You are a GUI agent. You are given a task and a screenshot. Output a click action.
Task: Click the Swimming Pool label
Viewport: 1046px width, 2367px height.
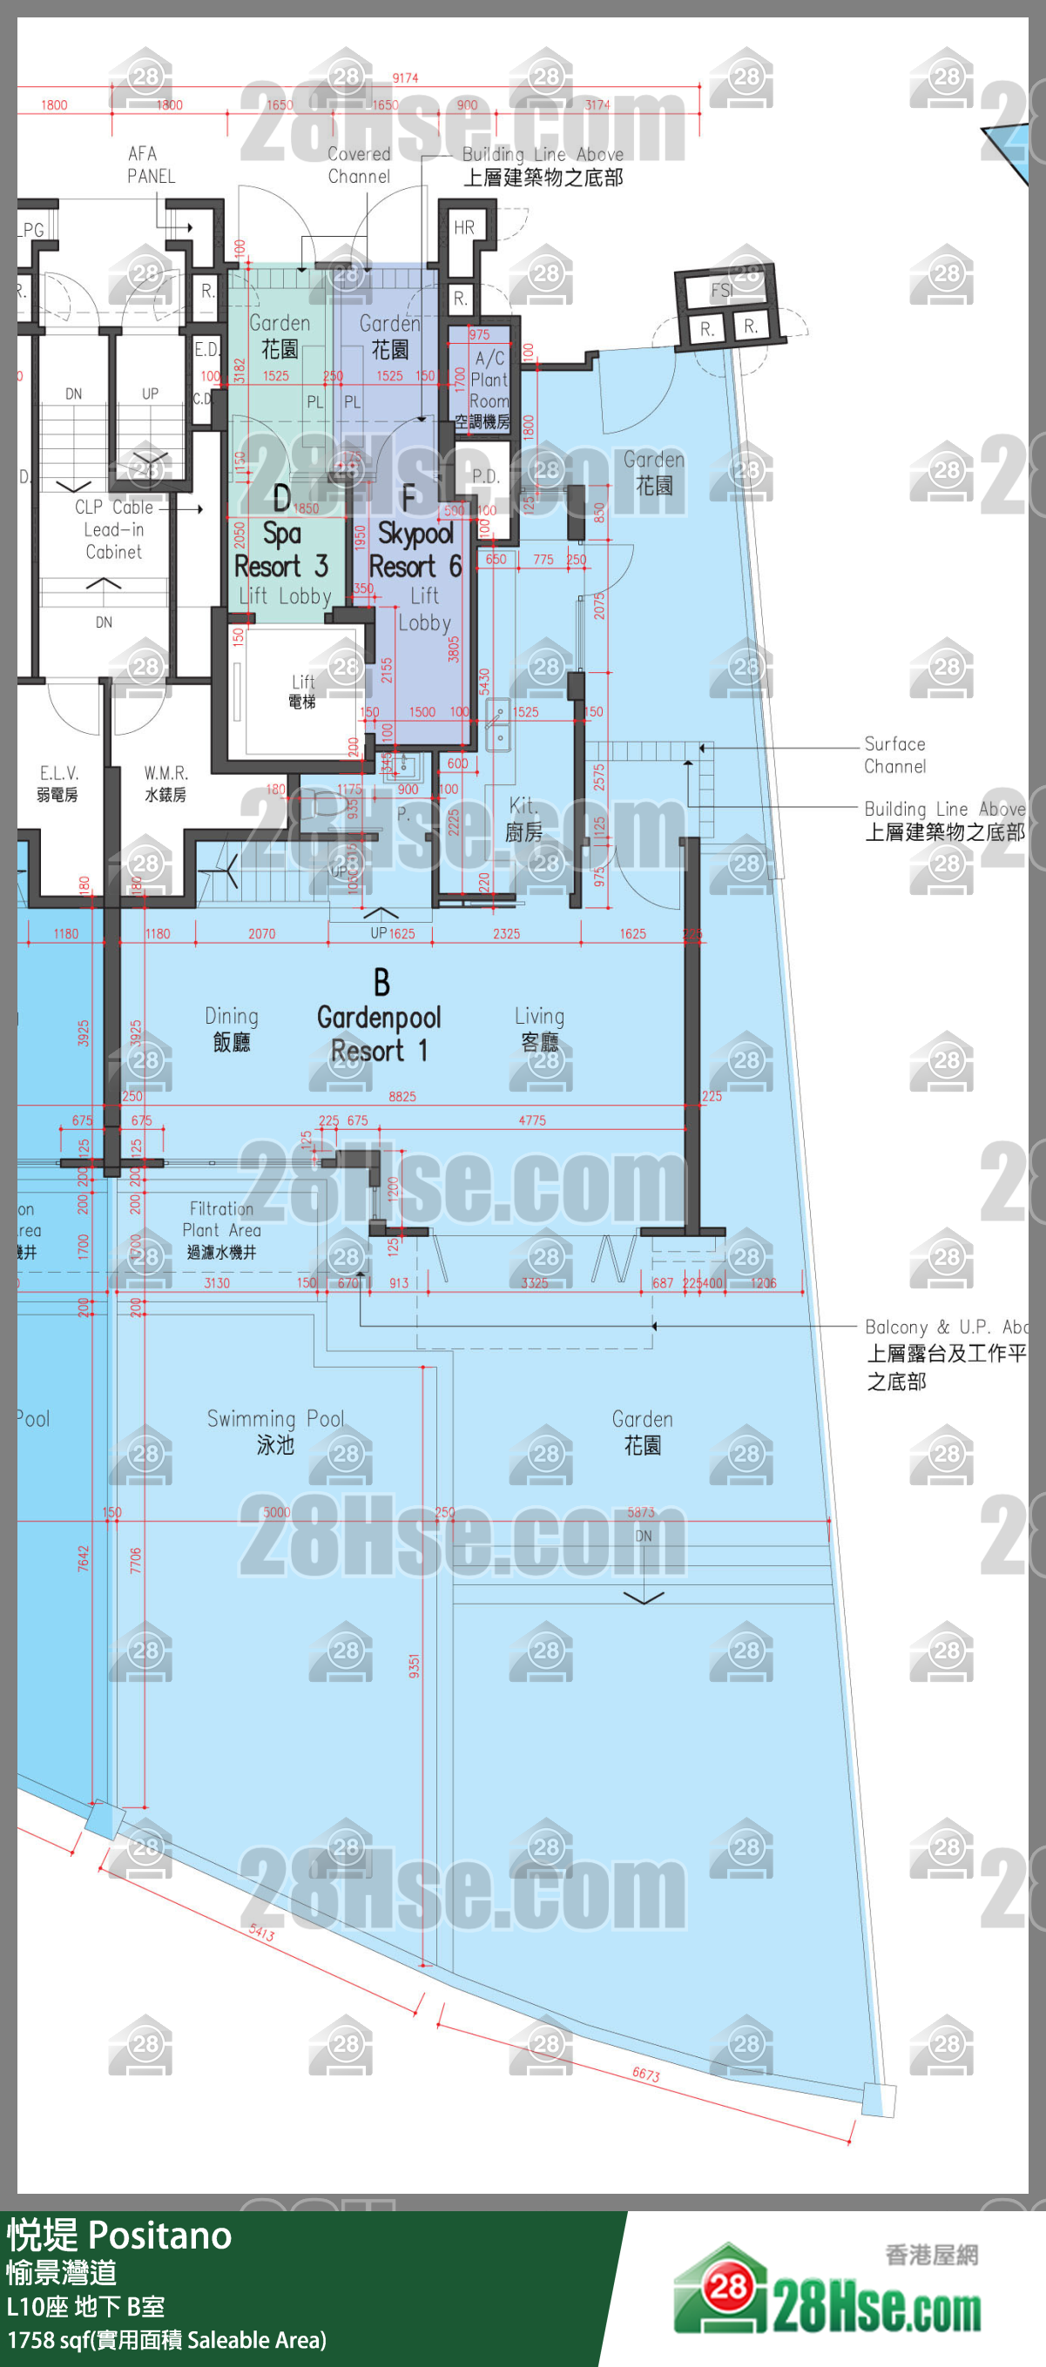276,1430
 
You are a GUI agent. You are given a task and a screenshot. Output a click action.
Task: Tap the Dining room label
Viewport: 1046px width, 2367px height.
232,1028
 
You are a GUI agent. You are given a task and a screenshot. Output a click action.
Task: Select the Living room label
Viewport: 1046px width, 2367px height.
539,1028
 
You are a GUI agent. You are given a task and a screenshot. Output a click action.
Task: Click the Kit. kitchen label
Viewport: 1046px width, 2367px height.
524,817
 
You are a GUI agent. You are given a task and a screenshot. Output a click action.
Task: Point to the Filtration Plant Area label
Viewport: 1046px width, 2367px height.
221,1229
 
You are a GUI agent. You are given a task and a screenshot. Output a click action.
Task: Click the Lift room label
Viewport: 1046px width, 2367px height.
302,690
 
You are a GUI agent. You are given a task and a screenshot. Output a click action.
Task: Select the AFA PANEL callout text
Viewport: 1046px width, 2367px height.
151,165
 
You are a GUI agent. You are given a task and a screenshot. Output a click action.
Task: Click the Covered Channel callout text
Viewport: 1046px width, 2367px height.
359,165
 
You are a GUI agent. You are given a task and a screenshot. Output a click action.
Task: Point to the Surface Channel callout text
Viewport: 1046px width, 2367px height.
894,755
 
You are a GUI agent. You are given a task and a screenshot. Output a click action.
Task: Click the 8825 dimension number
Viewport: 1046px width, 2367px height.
402,1096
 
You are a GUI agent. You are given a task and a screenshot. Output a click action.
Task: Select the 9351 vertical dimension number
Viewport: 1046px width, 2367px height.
415,1666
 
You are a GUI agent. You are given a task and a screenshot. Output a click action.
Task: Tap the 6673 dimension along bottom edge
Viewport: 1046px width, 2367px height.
645,2073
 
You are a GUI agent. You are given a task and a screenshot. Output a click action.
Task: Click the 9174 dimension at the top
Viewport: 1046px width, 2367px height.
405,78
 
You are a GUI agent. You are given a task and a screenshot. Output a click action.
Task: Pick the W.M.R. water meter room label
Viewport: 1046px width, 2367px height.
165,783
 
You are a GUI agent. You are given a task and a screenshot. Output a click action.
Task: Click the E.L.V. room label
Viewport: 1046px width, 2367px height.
57,783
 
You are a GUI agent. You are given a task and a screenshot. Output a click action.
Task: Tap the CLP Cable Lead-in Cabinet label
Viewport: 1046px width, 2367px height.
114,529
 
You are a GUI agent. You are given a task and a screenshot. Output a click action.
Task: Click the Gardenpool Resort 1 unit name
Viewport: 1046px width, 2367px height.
379,1032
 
